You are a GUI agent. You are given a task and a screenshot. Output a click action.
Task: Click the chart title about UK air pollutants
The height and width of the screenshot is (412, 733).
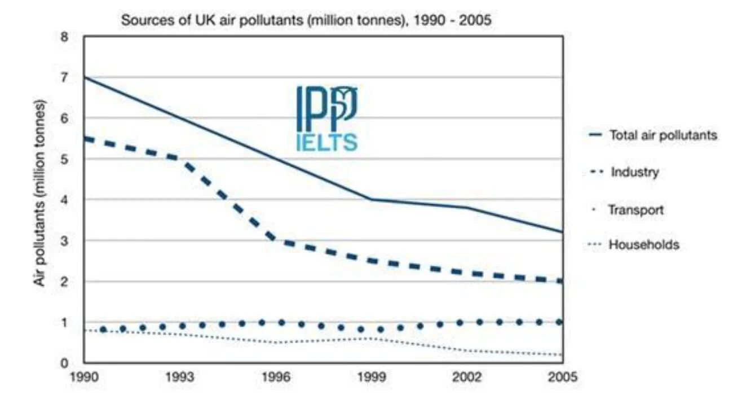(306, 20)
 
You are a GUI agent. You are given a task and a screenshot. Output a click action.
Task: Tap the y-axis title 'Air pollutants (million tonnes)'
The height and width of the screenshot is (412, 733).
(40, 193)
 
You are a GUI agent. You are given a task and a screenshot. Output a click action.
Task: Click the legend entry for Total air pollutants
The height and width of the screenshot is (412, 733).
(663, 135)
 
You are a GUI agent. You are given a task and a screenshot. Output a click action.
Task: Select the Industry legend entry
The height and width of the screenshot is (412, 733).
(634, 172)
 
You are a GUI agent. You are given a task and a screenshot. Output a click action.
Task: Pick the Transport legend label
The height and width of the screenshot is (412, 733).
(635, 210)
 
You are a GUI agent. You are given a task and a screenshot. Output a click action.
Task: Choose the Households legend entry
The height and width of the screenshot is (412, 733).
(643, 245)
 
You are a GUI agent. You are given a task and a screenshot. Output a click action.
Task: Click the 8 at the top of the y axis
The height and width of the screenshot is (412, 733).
(64, 37)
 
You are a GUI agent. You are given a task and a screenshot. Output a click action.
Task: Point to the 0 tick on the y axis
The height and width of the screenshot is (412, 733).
(64, 363)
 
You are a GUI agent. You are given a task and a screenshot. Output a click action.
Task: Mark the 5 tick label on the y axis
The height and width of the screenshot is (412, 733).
(64, 159)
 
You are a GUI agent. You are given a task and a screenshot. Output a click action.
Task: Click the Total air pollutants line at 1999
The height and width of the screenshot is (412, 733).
(371, 199)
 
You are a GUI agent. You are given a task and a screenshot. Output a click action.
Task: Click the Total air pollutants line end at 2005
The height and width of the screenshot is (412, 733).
(562, 231)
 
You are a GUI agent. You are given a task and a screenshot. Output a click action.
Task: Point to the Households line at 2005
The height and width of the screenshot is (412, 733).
(562, 355)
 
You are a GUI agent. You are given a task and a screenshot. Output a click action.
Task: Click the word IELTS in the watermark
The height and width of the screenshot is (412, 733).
(326, 142)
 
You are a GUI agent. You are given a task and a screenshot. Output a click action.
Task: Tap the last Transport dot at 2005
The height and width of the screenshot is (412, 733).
(559, 322)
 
